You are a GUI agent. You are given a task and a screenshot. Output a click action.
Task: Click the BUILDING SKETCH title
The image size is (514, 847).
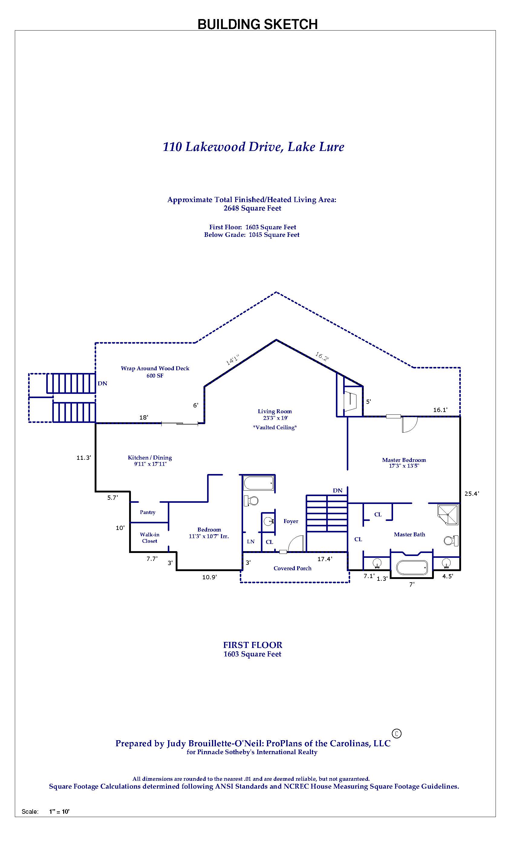coord(257,24)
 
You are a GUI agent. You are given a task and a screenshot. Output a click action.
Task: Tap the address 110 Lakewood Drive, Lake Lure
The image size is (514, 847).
coord(253,147)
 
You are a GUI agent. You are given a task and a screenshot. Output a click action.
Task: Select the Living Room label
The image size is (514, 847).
coord(275,411)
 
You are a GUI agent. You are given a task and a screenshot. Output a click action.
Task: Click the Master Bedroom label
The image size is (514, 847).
coord(404,460)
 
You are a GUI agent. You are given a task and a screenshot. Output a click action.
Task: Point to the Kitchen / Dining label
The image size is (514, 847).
coord(149,457)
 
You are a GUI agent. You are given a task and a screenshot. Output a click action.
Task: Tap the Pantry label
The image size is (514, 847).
coord(148,512)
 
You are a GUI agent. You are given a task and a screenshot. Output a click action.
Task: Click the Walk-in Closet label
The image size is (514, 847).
coord(149,538)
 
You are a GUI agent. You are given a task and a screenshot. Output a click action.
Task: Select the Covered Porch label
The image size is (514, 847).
coord(292,568)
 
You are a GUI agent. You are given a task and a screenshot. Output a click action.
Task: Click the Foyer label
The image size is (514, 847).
coord(291,521)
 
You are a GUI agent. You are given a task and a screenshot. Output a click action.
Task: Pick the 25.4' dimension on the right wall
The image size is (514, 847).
coord(471,494)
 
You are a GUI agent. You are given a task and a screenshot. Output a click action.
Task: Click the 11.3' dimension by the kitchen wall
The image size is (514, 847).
coord(83,457)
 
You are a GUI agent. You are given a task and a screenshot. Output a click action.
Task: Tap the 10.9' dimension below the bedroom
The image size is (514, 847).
coord(209,577)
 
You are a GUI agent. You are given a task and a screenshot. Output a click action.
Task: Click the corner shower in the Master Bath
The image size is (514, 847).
coord(448,514)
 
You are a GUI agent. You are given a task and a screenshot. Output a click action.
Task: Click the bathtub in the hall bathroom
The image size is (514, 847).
coord(259,483)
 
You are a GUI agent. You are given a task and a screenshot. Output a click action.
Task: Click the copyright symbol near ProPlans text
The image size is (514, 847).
coord(396,733)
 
